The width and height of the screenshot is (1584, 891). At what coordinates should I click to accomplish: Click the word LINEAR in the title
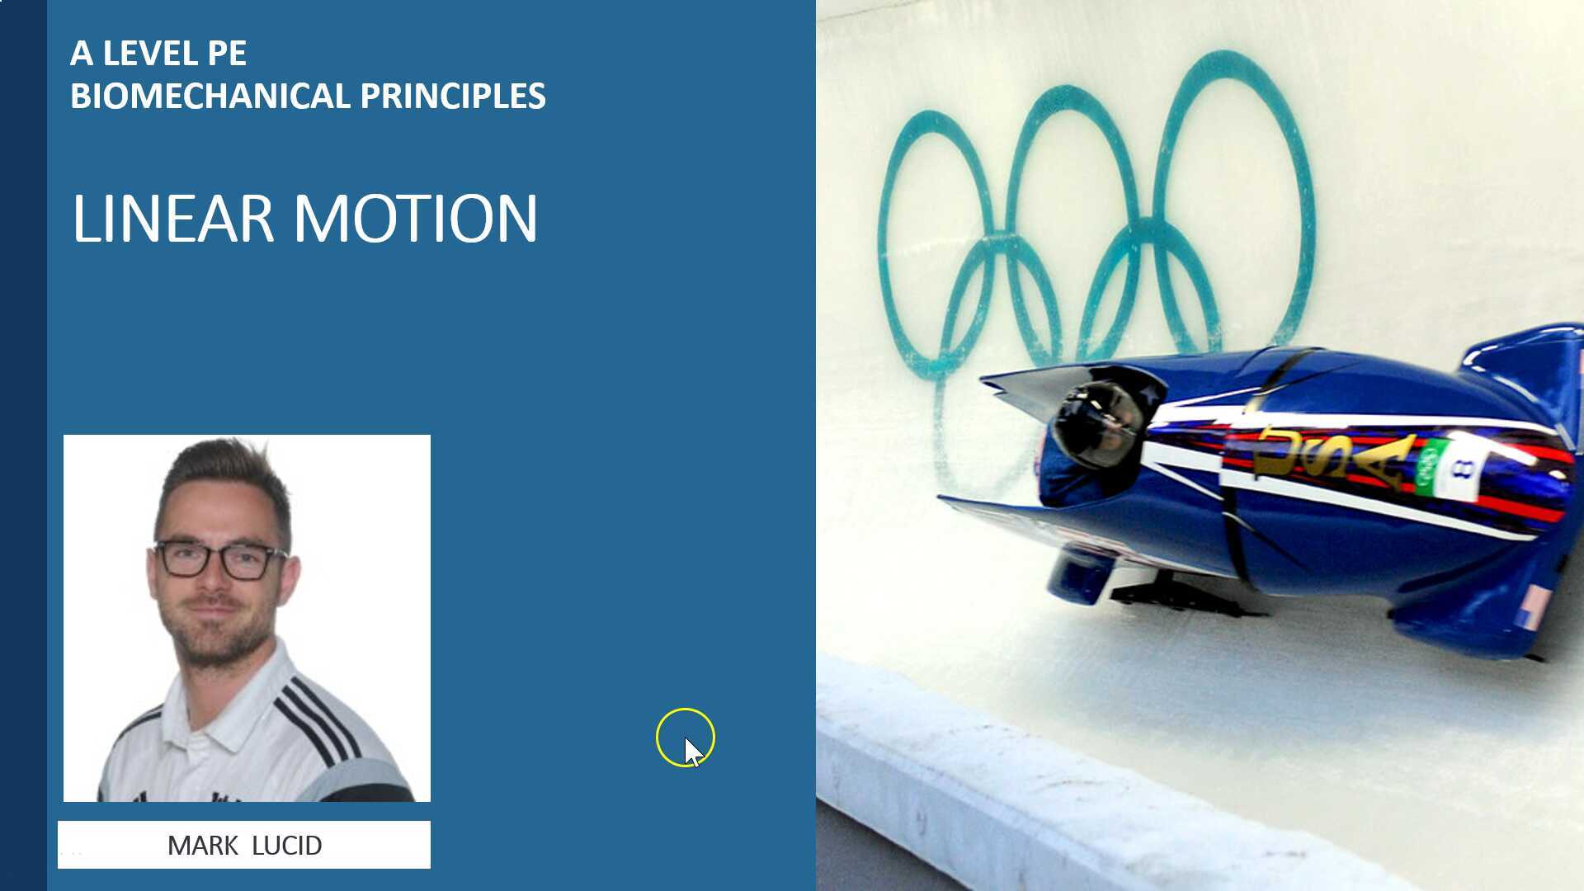172,219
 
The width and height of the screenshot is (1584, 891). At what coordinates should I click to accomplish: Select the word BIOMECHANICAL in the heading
210,97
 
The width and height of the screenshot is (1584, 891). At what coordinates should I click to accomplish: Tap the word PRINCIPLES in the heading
452,97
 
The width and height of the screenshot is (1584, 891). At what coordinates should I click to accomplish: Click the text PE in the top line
227,54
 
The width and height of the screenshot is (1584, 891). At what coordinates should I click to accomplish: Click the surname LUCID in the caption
286,846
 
